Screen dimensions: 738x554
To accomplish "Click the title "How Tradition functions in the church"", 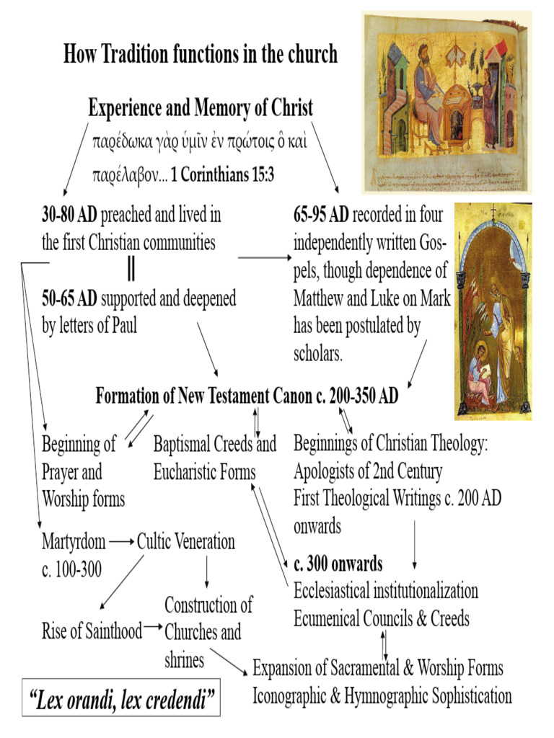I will tap(201, 54).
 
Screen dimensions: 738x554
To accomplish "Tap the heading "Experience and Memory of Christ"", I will tap(201, 108).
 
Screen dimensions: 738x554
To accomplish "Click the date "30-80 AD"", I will tap(69, 215).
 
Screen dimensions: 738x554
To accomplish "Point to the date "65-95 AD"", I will tap(321, 215).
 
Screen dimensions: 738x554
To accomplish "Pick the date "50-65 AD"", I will tap(69, 298).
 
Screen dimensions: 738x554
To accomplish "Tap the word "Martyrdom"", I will tap(74, 541).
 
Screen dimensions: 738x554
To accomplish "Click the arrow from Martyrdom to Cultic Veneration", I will tap(121, 541).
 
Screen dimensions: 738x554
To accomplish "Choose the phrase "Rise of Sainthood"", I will tap(92, 632).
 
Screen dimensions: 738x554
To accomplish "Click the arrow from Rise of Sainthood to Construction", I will tap(153, 628).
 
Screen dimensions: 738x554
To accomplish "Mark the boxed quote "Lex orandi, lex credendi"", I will tap(121, 698).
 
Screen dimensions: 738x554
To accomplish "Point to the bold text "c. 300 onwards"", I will tap(338, 563).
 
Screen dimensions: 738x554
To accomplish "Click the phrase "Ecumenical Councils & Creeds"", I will tap(382, 618).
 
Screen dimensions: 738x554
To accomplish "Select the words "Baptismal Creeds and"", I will tap(214, 445).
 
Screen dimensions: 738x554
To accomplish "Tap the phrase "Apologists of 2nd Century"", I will tap(367, 472).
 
